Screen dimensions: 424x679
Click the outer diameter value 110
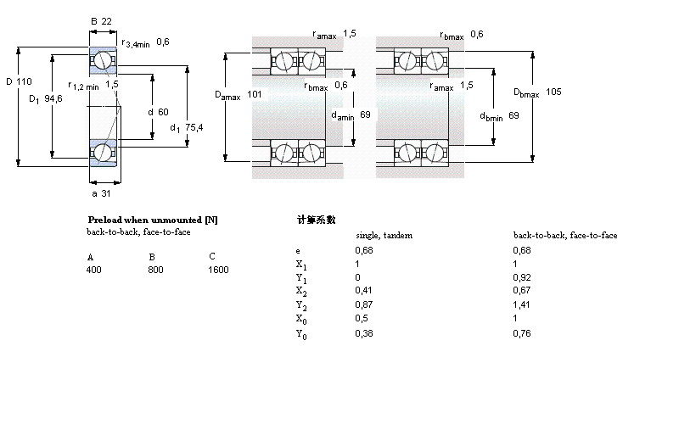[x=24, y=81]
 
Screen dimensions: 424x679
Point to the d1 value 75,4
[x=194, y=128]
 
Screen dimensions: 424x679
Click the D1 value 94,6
[x=54, y=99]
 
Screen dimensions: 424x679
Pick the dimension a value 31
[x=106, y=194]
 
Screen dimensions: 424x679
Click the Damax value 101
[x=255, y=96]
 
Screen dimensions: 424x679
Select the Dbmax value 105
[x=553, y=92]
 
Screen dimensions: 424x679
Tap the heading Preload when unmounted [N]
[x=153, y=220]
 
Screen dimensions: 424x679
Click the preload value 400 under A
[x=93, y=270]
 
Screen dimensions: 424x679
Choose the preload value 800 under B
[x=155, y=270]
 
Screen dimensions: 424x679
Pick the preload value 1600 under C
[x=218, y=270]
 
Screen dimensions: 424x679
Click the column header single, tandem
[x=383, y=235]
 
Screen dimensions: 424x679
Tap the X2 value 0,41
[x=362, y=291]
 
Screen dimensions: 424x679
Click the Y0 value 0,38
[x=362, y=332]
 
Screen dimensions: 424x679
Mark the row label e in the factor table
[x=297, y=250]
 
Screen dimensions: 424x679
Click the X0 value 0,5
[x=361, y=319]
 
